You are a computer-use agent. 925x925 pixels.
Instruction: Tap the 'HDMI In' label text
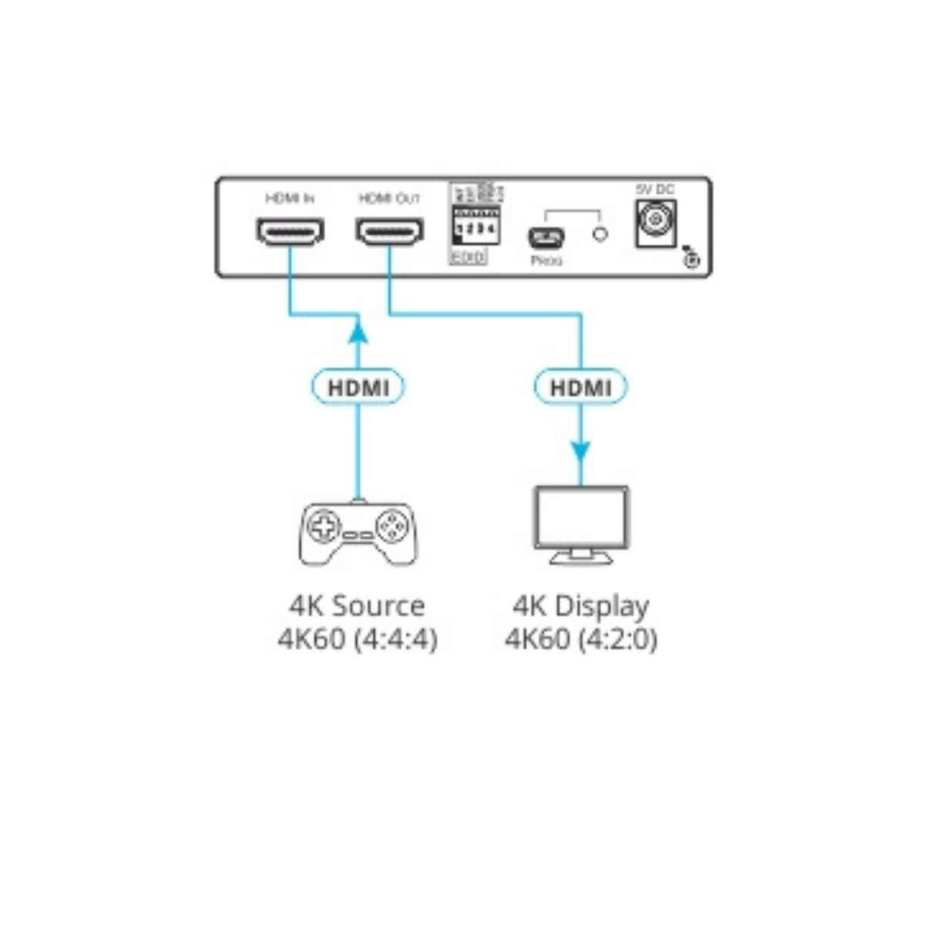[x=289, y=199]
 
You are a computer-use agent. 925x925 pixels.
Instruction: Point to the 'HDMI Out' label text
[x=389, y=199]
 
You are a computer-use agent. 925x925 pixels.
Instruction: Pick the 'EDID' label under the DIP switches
[x=468, y=258]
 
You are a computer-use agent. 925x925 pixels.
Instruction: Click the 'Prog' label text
[x=547, y=261]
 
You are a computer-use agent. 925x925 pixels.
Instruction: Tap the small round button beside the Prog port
[x=599, y=234]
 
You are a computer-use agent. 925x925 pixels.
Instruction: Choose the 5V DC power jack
[x=655, y=224]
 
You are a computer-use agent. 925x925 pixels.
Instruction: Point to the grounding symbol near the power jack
[x=691, y=260]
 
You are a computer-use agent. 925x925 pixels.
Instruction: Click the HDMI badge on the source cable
[x=358, y=387]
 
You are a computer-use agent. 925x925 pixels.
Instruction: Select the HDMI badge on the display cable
[x=580, y=387]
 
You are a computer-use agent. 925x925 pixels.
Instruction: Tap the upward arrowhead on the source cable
[x=357, y=331]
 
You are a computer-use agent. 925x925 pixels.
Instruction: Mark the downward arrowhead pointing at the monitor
[x=580, y=452]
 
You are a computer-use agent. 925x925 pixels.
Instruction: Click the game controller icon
[x=357, y=532]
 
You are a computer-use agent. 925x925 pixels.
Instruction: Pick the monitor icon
[x=582, y=524]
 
